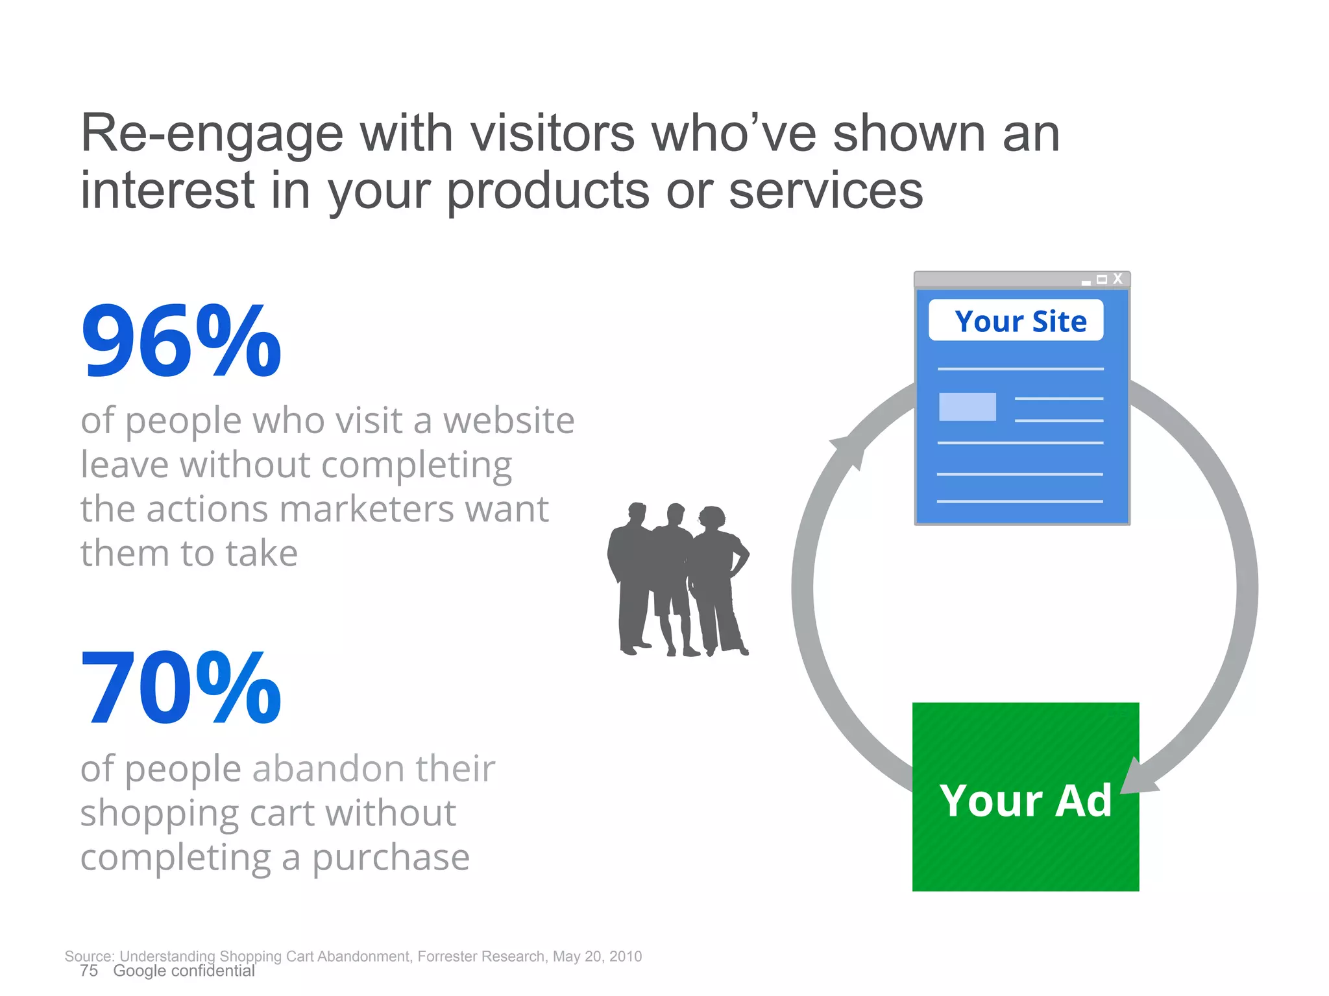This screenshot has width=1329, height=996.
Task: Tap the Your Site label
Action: tap(1019, 321)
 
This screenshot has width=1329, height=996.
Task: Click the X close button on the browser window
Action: tap(1117, 279)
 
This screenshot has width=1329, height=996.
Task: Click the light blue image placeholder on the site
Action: tap(967, 407)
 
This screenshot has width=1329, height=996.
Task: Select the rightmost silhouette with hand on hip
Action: tap(718, 577)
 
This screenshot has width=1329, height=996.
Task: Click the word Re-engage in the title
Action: tap(212, 134)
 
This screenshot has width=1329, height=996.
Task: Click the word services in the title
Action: tap(825, 191)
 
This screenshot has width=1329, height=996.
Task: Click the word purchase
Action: tap(391, 858)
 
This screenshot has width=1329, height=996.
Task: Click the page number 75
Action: tap(89, 971)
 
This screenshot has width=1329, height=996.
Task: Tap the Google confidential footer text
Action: tap(184, 971)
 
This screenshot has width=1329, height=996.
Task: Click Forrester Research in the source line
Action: tap(481, 956)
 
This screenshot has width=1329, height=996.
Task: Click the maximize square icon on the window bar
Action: tap(1102, 279)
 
